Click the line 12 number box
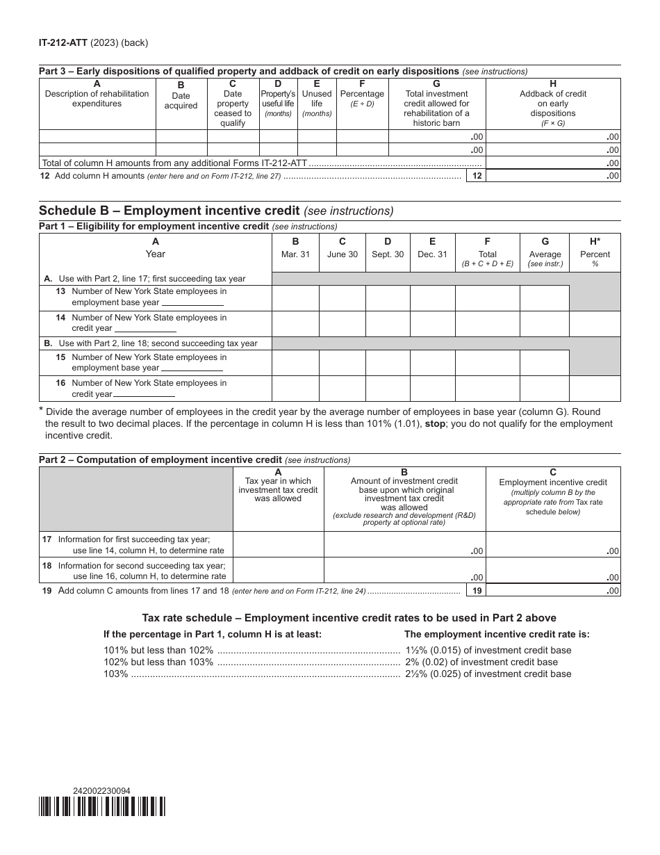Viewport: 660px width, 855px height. click(x=477, y=176)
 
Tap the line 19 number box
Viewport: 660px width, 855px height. click(x=477, y=590)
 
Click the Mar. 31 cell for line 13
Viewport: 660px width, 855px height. click(x=295, y=298)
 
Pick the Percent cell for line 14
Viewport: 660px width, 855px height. click(x=595, y=324)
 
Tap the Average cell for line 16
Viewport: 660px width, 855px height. click(x=545, y=389)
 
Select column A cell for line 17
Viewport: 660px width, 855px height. click(x=278, y=544)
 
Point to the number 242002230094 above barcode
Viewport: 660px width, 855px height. click(x=101, y=790)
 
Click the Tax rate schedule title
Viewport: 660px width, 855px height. click(x=349, y=617)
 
